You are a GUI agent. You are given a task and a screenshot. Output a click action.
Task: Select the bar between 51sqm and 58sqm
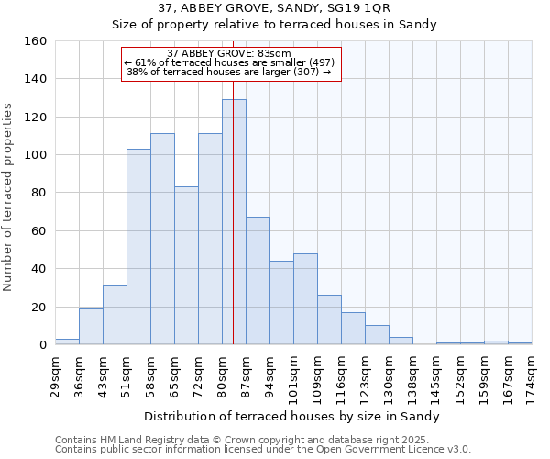[x=138, y=247]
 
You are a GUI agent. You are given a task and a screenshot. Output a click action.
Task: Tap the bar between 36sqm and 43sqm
[x=91, y=327]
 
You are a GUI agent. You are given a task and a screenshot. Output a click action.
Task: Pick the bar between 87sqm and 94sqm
[x=258, y=281]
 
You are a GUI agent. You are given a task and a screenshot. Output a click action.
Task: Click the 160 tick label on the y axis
[x=34, y=41]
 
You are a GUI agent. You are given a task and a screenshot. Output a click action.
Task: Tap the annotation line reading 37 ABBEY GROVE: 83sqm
[x=230, y=53]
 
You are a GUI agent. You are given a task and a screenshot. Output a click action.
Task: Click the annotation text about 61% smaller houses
[x=230, y=62]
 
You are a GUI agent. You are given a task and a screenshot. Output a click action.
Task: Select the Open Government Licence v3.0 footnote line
[x=263, y=450]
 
